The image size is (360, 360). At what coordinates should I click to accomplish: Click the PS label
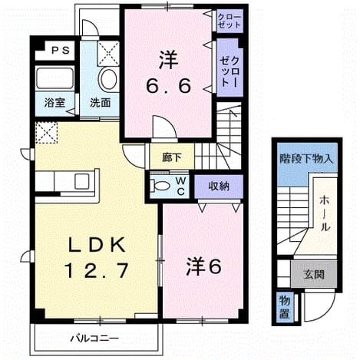point(61,50)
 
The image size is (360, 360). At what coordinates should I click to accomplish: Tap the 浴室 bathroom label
point(54,103)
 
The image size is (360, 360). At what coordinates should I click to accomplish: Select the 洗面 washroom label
point(100,103)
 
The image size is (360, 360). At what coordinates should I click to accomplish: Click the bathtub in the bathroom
point(54,78)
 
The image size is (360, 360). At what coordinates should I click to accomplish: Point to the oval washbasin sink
point(109,80)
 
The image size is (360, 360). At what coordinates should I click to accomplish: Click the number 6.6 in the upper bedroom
point(169,86)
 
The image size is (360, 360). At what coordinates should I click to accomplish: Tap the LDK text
point(97,245)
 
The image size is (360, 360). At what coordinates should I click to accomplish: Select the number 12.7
point(96,270)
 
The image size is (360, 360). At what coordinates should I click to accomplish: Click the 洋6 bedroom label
point(203,266)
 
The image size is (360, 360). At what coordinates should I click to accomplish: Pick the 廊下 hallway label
point(172,158)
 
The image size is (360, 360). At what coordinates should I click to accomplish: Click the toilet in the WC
point(160,186)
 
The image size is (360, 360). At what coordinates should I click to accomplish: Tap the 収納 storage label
point(219,187)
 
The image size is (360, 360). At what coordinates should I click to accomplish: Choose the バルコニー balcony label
point(94,339)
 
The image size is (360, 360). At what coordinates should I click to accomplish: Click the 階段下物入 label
point(306,159)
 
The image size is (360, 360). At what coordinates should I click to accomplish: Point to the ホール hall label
point(325,213)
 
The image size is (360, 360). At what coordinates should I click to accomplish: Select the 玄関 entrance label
point(314,275)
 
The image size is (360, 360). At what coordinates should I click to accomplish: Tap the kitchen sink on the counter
point(82,181)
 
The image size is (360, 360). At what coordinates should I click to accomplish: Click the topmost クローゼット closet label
point(230,21)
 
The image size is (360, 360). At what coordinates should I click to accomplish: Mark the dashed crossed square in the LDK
point(46,133)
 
